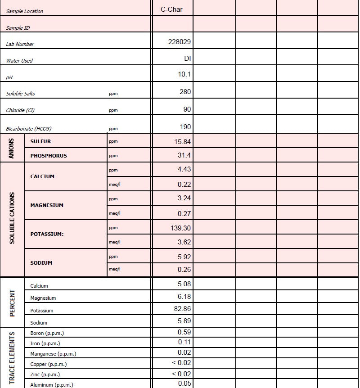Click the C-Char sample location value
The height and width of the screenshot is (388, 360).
pyautogui.click(x=171, y=9)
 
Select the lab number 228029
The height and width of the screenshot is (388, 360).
pyautogui.click(x=179, y=42)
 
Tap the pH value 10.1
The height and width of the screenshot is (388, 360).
pyautogui.click(x=184, y=74)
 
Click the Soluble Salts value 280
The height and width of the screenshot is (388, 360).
pyautogui.click(x=185, y=92)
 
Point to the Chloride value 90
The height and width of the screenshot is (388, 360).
pyautogui.click(x=187, y=109)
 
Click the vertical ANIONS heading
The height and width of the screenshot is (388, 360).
pyautogui.click(x=12, y=148)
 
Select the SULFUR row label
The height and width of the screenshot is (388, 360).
pyautogui.click(x=40, y=141)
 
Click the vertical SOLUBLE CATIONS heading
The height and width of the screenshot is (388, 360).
pyautogui.click(x=12, y=218)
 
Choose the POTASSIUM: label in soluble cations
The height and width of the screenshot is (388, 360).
pyautogui.click(x=47, y=234)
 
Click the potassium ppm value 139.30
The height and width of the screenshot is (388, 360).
pyautogui.click(x=180, y=228)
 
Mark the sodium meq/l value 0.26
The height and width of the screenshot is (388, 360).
pyautogui.click(x=184, y=270)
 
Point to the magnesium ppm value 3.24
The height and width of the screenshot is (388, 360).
pyautogui.click(x=184, y=198)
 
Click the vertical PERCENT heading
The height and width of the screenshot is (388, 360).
pyautogui.click(x=12, y=302)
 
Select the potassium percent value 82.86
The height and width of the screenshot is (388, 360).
pyautogui.click(x=182, y=309)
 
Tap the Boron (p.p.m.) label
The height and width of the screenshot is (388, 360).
pyautogui.click(x=47, y=333)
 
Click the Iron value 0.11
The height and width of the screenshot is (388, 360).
pyautogui.click(x=184, y=342)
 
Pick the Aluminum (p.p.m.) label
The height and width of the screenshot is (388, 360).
pyautogui.click(x=51, y=385)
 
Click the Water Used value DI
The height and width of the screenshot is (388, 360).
pyautogui.click(x=188, y=58)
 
